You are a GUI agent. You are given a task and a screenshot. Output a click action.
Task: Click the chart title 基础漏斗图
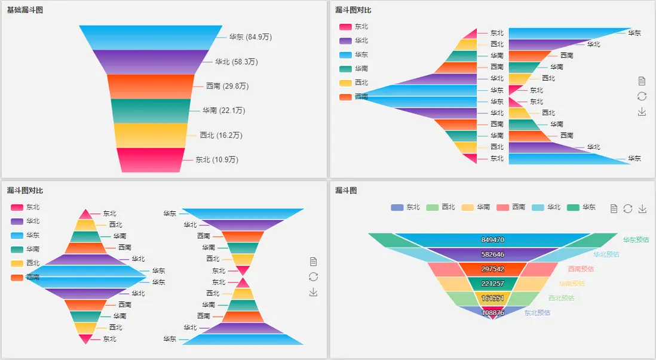[24, 10]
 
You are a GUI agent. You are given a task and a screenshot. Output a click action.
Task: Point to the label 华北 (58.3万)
[237, 61]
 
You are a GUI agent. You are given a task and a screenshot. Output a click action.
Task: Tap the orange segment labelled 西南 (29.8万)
[151, 86]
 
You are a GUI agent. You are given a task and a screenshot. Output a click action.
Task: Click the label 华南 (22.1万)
[223, 110]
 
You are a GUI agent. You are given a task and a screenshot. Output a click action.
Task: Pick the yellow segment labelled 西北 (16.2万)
[151, 135]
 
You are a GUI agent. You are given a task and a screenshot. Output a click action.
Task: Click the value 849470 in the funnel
[492, 239]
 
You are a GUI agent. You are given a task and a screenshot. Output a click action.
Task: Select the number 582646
[492, 254]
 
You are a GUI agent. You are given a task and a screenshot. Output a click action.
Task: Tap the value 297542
[492, 269]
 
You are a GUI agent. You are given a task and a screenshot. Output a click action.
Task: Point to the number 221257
[492, 284]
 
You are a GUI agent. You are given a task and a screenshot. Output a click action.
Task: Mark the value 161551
[492, 298]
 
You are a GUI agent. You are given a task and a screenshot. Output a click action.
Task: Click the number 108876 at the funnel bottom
[492, 312]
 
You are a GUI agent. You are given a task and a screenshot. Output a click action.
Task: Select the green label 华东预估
[636, 239]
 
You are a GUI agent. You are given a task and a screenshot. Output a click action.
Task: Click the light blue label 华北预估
[606, 254]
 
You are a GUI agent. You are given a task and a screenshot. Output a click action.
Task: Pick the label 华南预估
[572, 284]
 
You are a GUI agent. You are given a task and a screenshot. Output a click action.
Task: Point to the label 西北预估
[561, 298]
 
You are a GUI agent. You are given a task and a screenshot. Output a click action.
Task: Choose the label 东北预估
[537, 312]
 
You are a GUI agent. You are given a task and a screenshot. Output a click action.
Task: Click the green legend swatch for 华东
[573, 207]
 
